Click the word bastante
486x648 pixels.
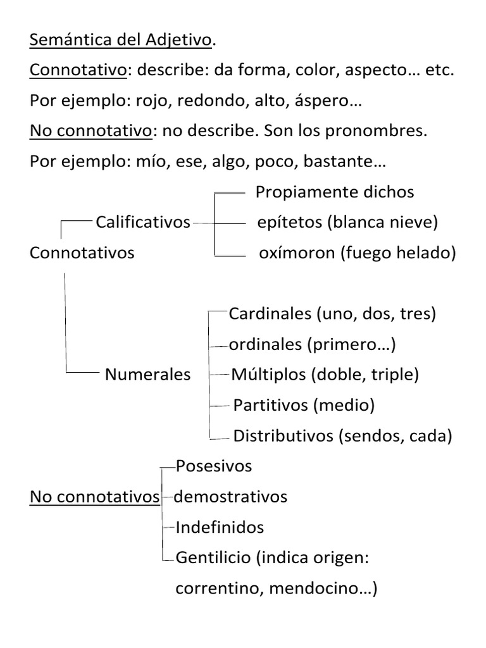pos(344,162)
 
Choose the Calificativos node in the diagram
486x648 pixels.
pos(143,222)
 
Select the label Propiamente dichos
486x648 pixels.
pos(335,192)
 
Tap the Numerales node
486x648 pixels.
pos(147,374)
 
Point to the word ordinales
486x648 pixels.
pos(265,344)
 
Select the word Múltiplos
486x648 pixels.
pos(269,374)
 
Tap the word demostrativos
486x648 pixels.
pos(230,497)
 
